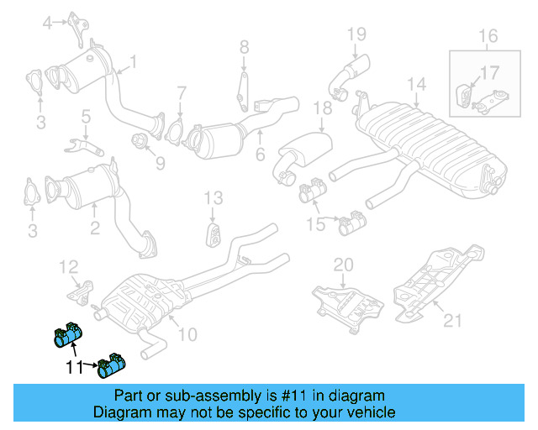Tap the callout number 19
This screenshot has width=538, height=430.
point(357,34)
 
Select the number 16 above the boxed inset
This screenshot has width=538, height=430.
point(488,36)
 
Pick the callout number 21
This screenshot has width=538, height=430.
point(453,318)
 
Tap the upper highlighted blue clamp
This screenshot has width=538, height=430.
point(65,335)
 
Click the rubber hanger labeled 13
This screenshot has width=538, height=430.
point(213,233)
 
